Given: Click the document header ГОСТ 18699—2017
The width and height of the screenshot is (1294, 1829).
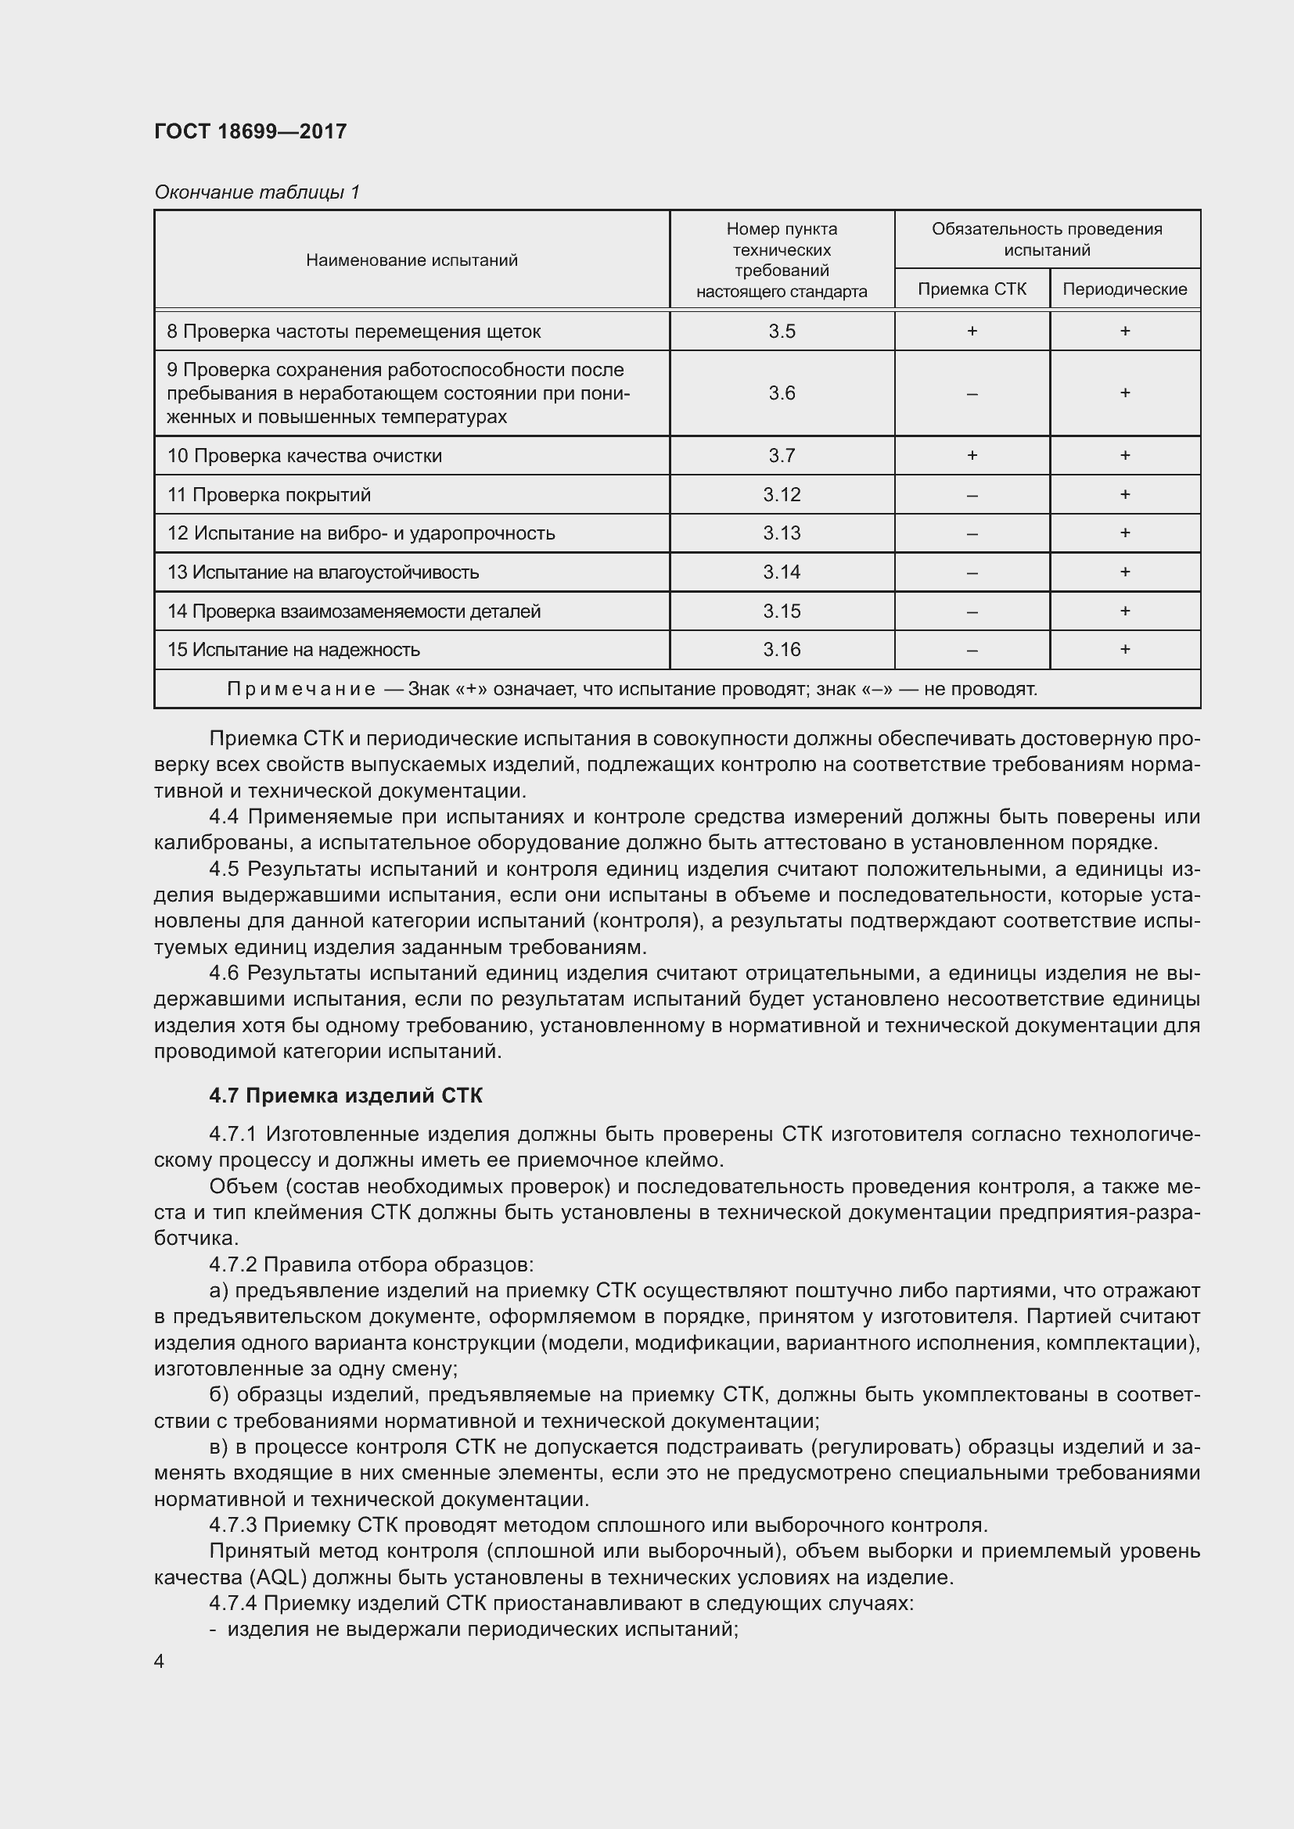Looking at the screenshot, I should point(250,131).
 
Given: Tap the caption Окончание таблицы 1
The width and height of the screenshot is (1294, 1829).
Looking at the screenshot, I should point(257,192).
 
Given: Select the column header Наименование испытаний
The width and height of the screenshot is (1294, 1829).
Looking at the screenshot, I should point(412,260).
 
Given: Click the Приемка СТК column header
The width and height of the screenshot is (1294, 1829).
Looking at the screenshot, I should point(972,289).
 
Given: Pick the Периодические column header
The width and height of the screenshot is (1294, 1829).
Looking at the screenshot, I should point(1124,289).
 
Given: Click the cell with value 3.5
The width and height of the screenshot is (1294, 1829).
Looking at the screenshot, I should point(782,332).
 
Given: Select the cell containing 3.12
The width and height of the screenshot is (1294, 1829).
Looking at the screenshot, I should point(782,495).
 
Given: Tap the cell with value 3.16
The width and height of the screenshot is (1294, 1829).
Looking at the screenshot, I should point(782,650).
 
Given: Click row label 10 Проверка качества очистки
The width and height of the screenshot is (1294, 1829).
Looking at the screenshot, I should point(304,456).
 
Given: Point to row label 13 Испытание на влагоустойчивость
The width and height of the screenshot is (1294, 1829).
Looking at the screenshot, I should point(322,572).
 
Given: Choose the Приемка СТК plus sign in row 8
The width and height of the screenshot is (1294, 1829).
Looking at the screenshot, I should point(972,332).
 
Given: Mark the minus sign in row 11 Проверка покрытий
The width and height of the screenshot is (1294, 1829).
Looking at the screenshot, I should point(972,495).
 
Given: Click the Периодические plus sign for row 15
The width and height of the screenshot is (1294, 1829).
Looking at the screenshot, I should point(1124,650).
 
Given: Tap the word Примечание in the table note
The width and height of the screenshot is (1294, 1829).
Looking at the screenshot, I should point(300,689).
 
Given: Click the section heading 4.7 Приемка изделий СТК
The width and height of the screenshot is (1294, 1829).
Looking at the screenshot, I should point(346,1096).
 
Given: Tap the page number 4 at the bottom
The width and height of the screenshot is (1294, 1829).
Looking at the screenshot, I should point(160,1662).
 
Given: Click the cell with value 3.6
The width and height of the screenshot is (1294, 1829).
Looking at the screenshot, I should point(782,393).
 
